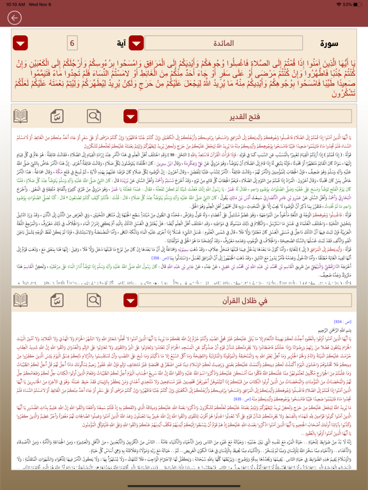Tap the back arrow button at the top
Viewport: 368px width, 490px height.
click(x=14, y=18)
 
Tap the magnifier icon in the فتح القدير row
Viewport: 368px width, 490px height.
click(x=94, y=116)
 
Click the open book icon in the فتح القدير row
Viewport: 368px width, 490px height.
click(x=21, y=116)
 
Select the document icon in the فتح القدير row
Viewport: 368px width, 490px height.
click(x=57, y=116)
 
